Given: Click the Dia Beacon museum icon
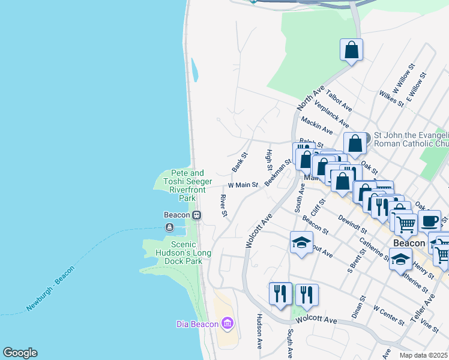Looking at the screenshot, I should coord(227,325).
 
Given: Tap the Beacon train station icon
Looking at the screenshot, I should coord(196,215).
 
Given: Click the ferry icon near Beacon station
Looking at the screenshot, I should coord(170,227).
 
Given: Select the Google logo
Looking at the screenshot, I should coord(20,353).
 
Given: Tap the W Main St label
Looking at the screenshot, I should coord(243,185).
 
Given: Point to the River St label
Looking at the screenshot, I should coord(223,205).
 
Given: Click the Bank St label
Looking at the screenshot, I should coord(240,162).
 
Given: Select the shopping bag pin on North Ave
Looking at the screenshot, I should coord(352,50).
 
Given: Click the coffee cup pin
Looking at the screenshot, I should coord(430,220).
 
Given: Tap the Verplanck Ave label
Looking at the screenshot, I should coord(331,114).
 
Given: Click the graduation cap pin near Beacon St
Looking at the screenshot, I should coord(301,242).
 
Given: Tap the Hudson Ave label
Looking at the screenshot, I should coord(260,332).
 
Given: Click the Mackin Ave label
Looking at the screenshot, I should coord(317,125).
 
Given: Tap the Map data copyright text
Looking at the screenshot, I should coord(424,355).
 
